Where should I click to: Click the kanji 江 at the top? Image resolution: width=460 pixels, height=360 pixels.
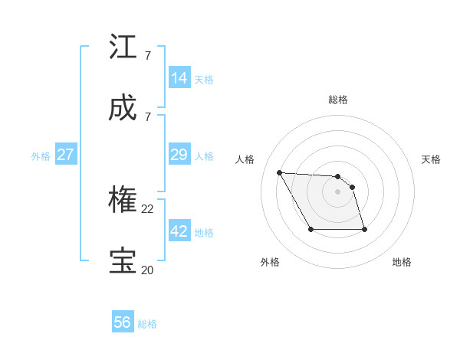123,47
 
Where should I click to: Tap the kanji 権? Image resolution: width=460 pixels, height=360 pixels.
123,200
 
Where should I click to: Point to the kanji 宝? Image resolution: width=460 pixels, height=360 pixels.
123,261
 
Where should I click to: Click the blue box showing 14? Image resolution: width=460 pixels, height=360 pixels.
179,77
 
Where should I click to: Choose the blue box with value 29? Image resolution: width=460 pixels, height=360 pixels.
179,155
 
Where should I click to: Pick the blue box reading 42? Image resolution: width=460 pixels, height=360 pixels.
179,231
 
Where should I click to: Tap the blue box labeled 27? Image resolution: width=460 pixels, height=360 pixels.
66,155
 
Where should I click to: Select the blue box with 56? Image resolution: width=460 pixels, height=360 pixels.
123,322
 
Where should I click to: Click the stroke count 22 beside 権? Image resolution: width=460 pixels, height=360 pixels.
148,208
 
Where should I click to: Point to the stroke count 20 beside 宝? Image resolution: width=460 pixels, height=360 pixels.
148,270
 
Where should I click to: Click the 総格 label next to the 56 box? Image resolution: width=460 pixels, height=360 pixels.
147,324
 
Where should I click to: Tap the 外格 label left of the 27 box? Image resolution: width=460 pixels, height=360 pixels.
41,156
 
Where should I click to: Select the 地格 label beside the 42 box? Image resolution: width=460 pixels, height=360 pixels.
204,233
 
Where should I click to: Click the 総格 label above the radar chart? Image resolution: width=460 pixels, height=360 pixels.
338,100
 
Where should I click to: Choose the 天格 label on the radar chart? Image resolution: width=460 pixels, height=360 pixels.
431,159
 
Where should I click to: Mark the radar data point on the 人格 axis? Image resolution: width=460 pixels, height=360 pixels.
279,172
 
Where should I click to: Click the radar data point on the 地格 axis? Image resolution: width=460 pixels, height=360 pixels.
364,229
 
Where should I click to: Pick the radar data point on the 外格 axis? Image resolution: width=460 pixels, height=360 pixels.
310,229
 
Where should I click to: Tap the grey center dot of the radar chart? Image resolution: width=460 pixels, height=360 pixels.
337,191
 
